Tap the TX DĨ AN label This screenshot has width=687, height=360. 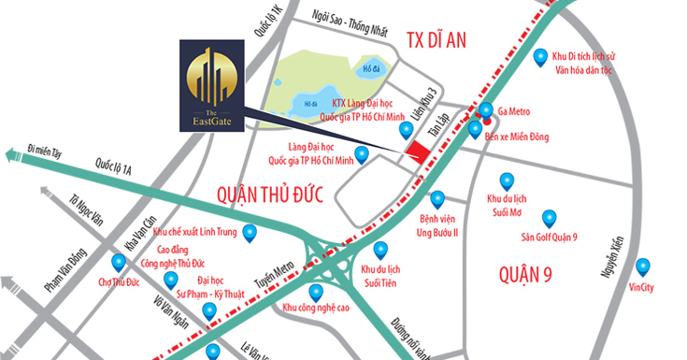436,38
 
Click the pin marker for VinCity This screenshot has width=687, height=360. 642,266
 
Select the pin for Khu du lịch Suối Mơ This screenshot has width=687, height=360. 507,180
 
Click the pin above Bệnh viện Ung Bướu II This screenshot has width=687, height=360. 437,199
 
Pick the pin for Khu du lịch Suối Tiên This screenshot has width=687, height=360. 380,250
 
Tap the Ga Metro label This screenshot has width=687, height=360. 516,109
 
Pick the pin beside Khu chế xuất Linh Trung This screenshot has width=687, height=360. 249,233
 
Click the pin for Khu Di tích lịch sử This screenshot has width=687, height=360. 540,59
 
